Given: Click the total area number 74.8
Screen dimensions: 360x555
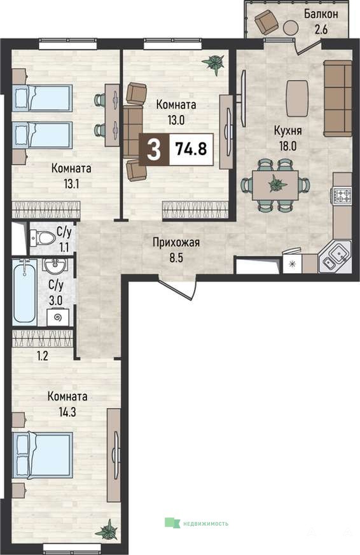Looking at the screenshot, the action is click(x=191, y=149).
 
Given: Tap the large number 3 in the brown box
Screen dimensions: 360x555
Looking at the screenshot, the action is click(x=154, y=149).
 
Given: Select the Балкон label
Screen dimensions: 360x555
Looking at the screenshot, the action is click(x=321, y=14).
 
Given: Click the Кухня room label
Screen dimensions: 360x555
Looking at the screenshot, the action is click(x=287, y=130).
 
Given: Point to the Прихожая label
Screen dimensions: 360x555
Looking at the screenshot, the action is click(x=176, y=243).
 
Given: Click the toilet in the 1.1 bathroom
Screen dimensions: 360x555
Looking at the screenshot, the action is click(x=42, y=238).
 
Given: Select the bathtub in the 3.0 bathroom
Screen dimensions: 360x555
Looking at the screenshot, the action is click(x=24, y=292).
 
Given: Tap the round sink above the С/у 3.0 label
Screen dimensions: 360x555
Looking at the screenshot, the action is click(x=55, y=265).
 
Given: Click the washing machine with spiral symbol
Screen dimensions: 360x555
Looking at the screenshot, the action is click(x=59, y=318).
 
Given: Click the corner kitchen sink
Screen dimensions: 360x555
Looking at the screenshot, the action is click(x=335, y=256).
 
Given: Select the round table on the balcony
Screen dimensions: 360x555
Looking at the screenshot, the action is click(x=291, y=26).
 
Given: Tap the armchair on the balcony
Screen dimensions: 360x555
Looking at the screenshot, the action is click(x=265, y=20).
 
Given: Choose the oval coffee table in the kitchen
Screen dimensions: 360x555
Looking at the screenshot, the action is click(x=297, y=98).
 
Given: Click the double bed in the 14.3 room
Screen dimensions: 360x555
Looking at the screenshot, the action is click(x=42, y=455).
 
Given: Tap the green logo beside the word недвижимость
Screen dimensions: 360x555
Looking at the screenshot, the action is click(x=172, y=523).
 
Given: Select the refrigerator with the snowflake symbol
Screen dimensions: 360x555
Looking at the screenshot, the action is click(x=293, y=264).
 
